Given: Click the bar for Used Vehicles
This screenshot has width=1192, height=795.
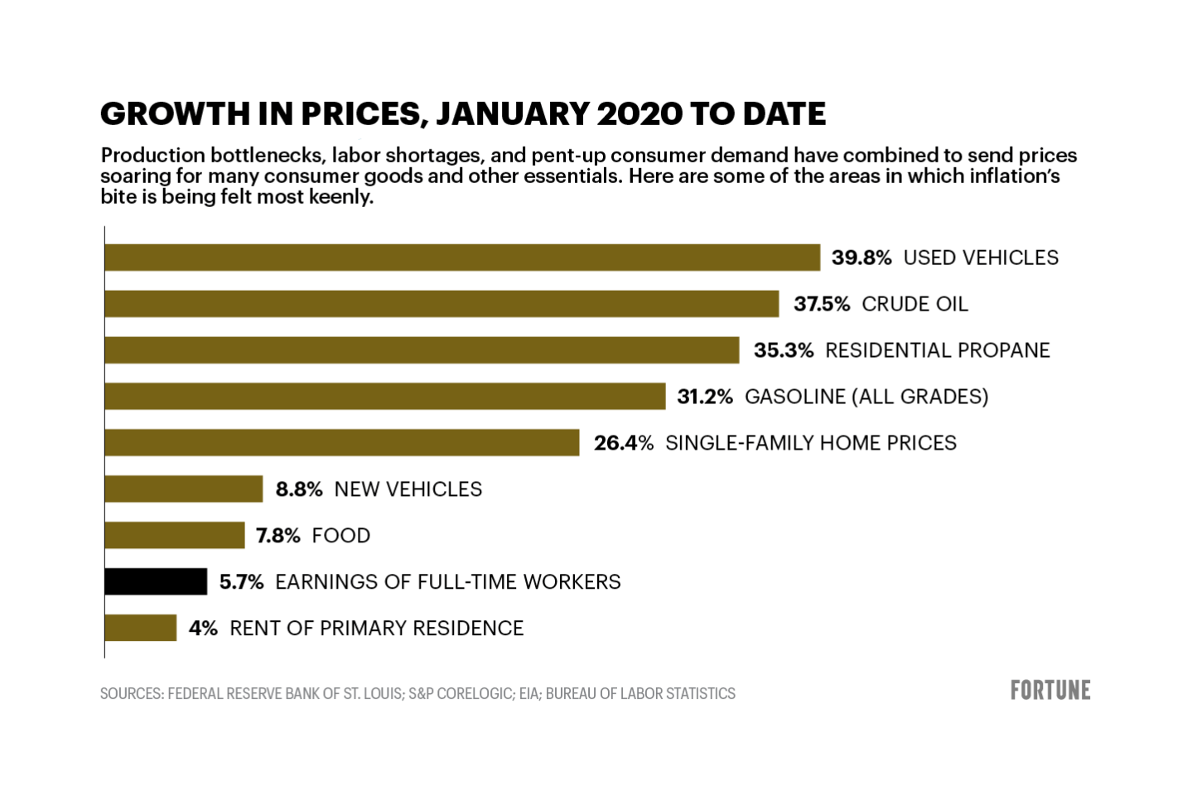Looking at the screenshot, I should click(462, 258).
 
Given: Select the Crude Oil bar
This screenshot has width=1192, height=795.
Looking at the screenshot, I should click(442, 304).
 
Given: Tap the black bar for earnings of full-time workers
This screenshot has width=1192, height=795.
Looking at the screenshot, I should click(156, 581).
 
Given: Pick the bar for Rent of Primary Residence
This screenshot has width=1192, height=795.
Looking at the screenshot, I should click(141, 628).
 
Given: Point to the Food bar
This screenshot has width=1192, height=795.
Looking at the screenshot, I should click(175, 535).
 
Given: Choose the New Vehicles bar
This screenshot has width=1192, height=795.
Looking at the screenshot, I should click(184, 489).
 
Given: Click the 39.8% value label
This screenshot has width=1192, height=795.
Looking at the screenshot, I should click(861, 258).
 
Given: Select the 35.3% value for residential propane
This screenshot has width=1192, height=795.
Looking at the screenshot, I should click(784, 350).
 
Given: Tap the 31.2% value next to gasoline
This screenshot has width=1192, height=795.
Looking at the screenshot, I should click(705, 397).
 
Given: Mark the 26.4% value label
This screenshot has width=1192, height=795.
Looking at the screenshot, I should click(624, 443).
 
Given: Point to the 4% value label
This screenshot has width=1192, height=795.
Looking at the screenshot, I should click(203, 628).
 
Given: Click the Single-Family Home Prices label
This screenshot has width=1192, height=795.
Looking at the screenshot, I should click(811, 443).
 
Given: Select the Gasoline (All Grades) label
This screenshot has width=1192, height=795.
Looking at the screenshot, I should click(866, 397).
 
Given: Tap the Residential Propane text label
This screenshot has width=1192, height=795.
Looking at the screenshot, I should click(938, 350).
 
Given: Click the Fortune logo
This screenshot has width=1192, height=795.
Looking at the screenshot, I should click(1050, 691).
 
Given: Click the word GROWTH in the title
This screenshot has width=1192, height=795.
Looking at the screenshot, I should click(162, 114).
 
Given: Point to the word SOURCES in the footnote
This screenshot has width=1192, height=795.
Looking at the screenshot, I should click(130, 693).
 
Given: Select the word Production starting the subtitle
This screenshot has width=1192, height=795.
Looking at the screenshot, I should click(152, 156).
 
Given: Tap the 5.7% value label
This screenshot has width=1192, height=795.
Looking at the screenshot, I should click(241, 581).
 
